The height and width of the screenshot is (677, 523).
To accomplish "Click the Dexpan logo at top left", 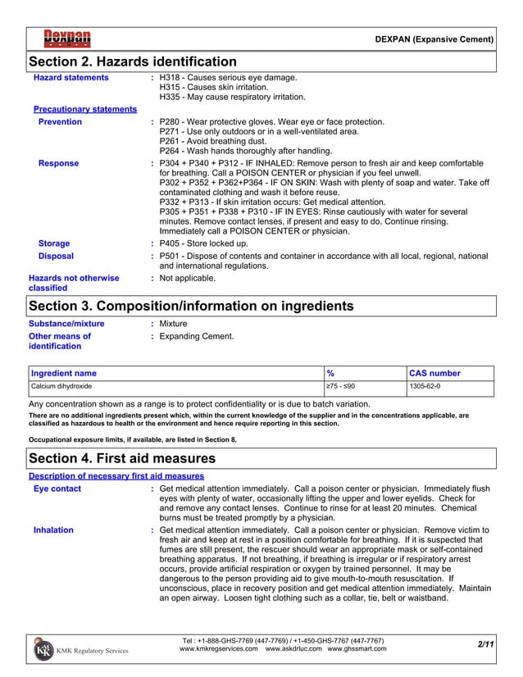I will click(67, 38).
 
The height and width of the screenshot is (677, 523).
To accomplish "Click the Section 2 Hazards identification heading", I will click(133, 62).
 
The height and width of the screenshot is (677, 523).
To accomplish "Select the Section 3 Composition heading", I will click(191, 306).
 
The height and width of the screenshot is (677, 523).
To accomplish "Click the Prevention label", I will click(61, 122).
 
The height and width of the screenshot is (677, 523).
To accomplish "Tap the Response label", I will click(59, 163).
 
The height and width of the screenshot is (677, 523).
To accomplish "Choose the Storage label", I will click(54, 243).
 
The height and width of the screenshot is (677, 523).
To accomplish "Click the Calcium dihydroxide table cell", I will click(61, 385).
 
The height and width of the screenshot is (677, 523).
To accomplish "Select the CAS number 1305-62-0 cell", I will click(425, 385).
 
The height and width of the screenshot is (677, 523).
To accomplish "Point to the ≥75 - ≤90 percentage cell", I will click(341, 385).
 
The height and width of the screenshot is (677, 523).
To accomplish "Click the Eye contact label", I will click(57, 489).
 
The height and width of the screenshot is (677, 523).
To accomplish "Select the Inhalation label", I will click(53, 530).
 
